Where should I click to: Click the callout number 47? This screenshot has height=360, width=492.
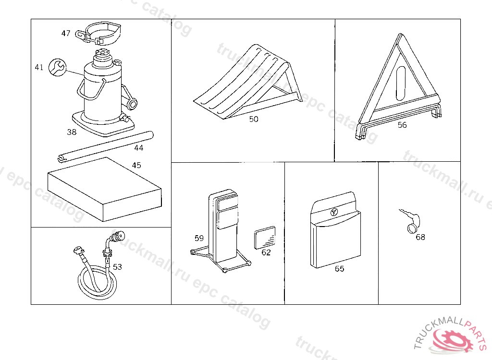tap(66, 33)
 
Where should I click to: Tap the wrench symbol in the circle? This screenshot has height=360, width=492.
tap(57, 67)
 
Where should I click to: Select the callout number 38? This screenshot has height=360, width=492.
tap(72, 132)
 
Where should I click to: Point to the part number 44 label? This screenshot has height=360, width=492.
tap(138, 148)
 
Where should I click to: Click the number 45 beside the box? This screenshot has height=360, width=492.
tap(136, 165)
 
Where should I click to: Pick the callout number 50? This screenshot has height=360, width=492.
tap(254, 119)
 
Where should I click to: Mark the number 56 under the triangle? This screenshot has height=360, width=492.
tap(402, 125)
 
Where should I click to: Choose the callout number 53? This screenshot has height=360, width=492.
tap(117, 267)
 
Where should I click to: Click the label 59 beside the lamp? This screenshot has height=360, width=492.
tap(199, 238)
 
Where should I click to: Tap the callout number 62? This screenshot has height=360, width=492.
tap(266, 252)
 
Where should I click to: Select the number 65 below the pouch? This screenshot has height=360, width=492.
tap(339, 269)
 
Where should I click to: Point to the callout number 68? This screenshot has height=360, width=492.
tap(420, 237)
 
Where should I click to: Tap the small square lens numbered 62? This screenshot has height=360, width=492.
tap(264, 237)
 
